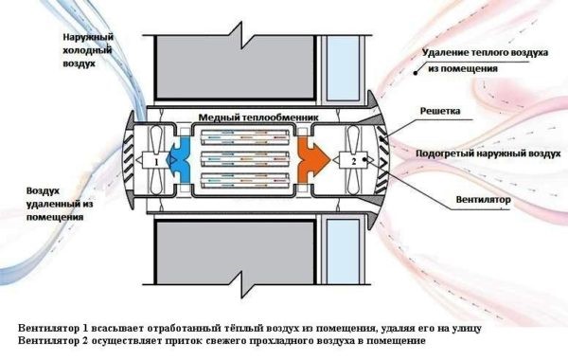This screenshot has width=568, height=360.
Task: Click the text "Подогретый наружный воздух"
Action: pos(485,153)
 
